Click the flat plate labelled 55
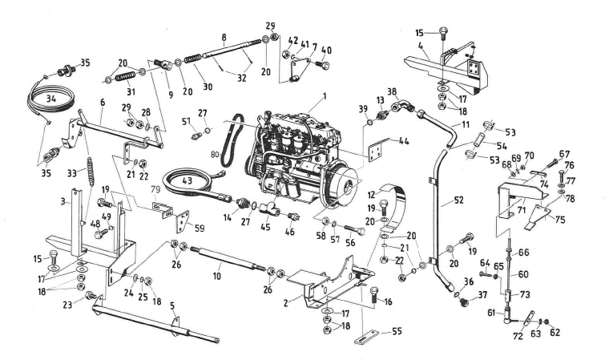(365, 336)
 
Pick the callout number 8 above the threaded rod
(224, 37)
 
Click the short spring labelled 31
(124, 76)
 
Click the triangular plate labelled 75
(545, 215)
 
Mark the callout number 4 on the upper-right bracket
(420, 46)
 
